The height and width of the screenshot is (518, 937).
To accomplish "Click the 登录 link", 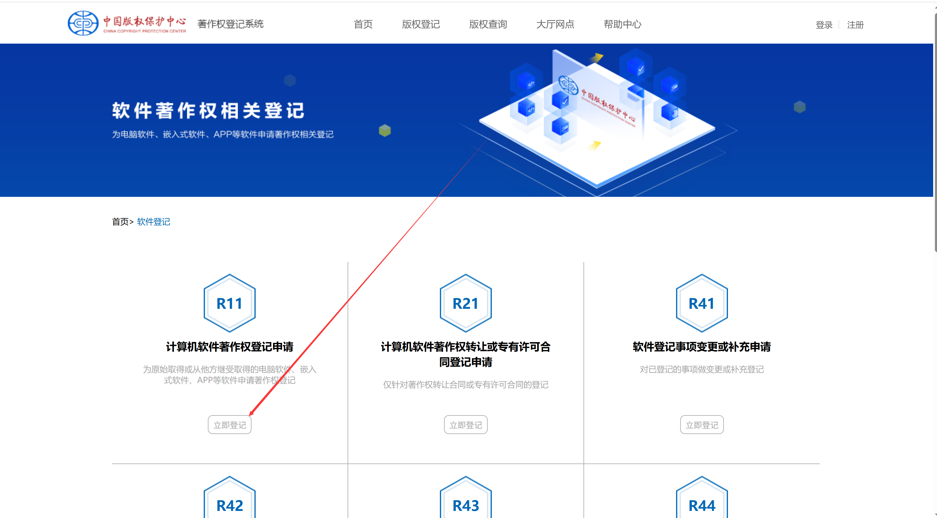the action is point(824,25).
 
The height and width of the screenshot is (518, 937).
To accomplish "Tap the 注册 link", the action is point(855,25).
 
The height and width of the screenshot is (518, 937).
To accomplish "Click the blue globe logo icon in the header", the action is point(83,23).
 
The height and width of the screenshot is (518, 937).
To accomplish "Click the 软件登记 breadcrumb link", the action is point(154,222).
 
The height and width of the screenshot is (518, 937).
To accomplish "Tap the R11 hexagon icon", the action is point(229,303).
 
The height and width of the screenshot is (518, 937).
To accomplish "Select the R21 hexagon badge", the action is point(466,303).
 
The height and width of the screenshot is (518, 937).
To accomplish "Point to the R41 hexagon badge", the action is point(702,303).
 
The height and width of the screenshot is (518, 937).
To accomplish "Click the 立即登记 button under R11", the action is point(229,425).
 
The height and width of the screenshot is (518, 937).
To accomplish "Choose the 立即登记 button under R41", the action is point(702,425).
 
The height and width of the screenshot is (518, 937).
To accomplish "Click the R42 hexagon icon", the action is point(229,501).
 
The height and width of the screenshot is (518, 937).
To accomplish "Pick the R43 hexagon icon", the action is point(466,501).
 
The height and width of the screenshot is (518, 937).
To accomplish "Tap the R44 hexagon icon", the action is point(702,501).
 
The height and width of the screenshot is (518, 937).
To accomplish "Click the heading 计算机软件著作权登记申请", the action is point(229,347).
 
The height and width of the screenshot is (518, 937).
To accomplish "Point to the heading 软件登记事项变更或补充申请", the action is point(702,347).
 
